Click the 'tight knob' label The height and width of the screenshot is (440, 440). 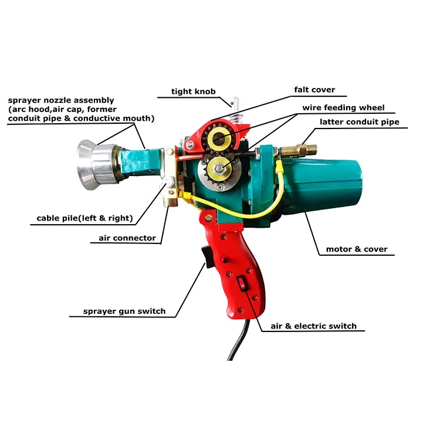194,92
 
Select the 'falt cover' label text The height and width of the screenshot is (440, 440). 314,90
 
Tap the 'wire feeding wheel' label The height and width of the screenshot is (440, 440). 343,107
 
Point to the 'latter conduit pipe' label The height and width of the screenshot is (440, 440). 359,122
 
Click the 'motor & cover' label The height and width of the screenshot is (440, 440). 357,249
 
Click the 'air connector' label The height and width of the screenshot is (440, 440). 123,238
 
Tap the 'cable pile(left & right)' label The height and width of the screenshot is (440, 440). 82,219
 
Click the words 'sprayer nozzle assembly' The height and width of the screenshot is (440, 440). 61,100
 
